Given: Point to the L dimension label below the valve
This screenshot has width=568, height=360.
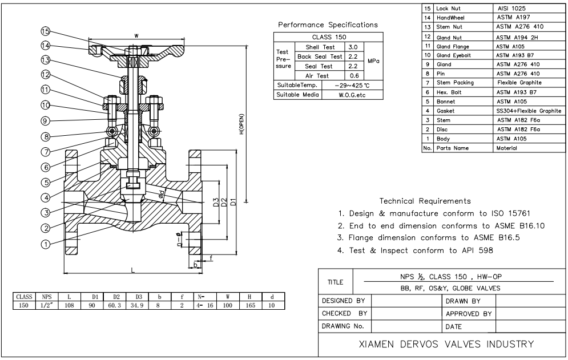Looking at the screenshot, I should point(133,270).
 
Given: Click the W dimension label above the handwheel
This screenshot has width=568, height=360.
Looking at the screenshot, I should point(135,36).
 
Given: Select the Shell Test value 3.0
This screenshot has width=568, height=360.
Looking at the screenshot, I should point(353,46).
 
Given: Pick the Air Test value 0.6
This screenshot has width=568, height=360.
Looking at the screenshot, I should point(353,75).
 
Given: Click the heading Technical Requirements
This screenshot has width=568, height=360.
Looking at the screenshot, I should point(425,201).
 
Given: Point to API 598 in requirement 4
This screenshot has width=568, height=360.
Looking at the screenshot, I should point(474,249).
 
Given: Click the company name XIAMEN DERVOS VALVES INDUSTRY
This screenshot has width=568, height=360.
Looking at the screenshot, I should point(442,344).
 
